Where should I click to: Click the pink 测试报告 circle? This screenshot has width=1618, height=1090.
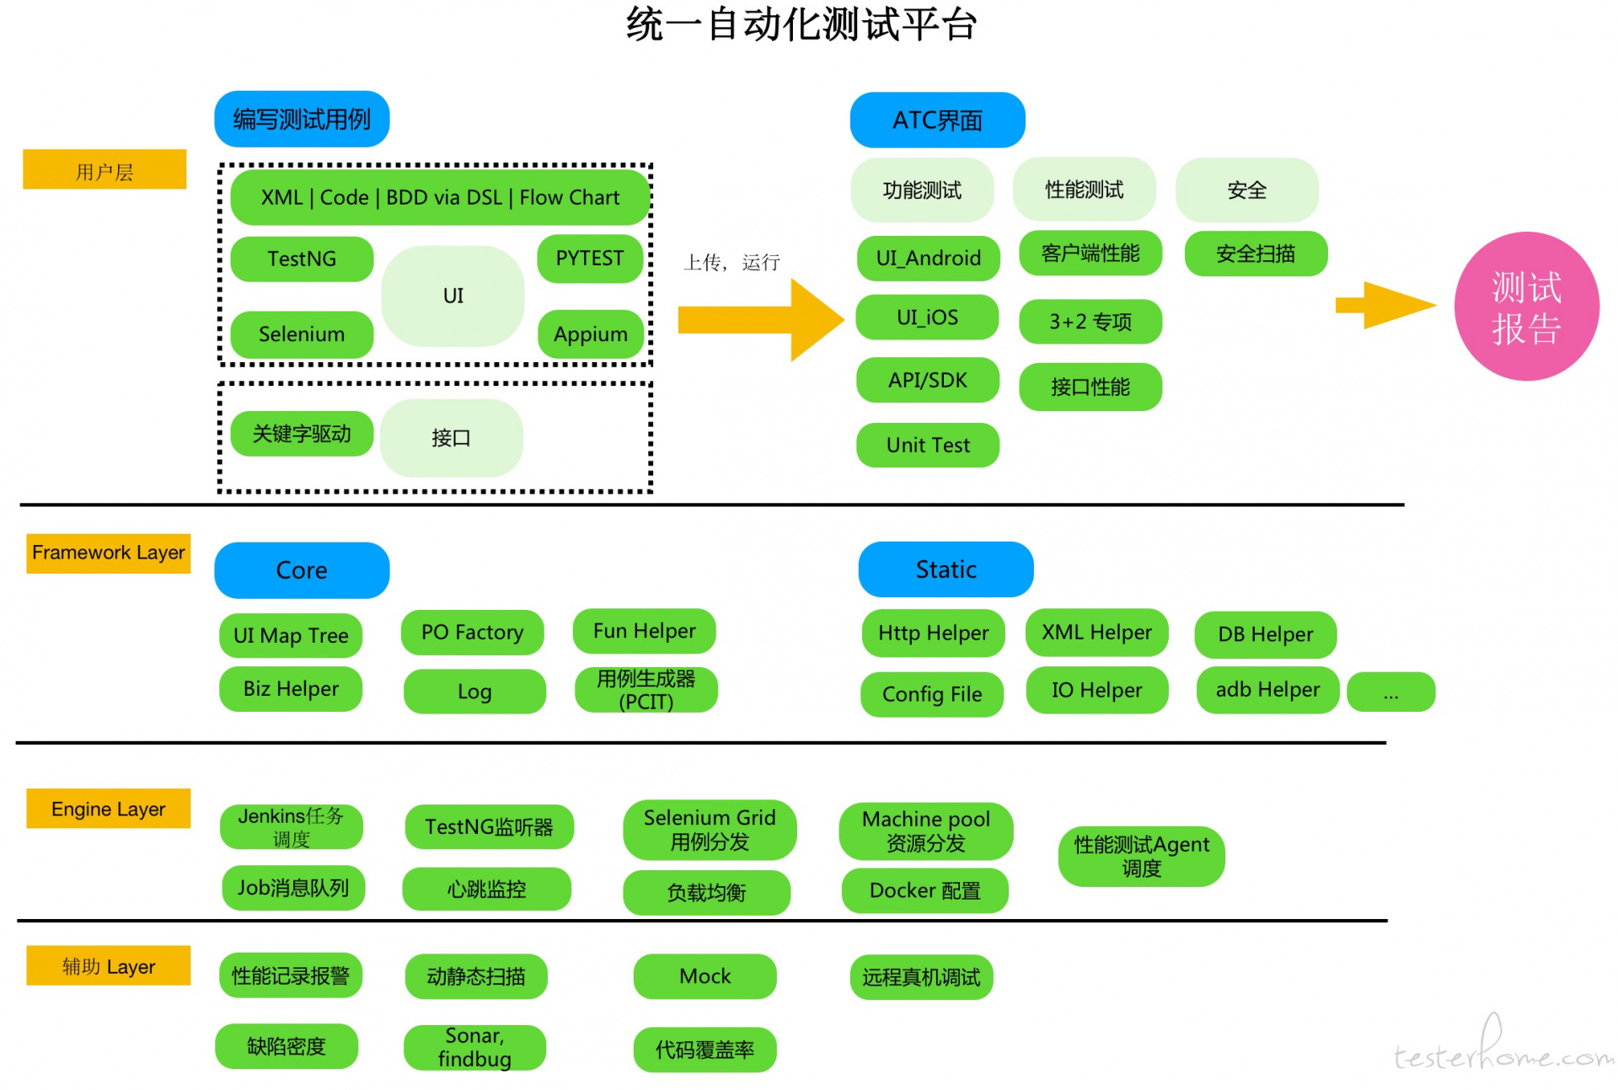tap(1526, 307)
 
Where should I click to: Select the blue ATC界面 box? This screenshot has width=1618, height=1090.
tap(937, 120)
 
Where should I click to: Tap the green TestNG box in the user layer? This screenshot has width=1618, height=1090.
tap(302, 259)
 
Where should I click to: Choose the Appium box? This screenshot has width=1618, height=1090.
tap(590, 334)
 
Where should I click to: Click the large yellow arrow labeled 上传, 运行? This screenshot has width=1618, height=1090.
tap(758, 320)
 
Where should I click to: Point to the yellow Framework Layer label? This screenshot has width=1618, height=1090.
tap(108, 553)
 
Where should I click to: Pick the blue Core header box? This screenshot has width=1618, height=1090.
tap(302, 570)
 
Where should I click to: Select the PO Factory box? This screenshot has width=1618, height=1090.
tap(472, 633)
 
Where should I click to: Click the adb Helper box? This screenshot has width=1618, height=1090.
tap(1267, 690)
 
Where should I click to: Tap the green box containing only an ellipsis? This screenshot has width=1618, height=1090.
tap(1390, 692)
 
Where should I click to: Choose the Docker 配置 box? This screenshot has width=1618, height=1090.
tap(924, 891)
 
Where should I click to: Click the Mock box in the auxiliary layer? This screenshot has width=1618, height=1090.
tap(705, 976)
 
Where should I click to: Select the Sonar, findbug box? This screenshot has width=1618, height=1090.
tap(474, 1047)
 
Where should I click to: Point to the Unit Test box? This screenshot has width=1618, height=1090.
tap(928, 445)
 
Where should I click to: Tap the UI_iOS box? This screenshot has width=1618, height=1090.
tap(927, 318)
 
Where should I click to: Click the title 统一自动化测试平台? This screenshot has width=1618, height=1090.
tap(801, 24)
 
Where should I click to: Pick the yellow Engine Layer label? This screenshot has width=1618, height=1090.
tap(108, 809)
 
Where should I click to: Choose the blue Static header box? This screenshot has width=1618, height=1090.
tap(946, 569)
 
